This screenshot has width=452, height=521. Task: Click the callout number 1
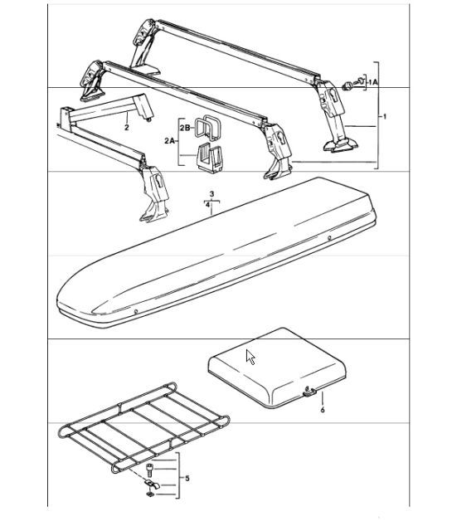pyautogui.click(x=385, y=116)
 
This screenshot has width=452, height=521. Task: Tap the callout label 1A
pyautogui.click(x=373, y=82)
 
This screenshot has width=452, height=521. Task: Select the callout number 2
pyautogui.click(x=127, y=127)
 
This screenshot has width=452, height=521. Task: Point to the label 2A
pyautogui.click(x=169, y=141)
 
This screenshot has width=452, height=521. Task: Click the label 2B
pyautogui.click(x=185, y=127)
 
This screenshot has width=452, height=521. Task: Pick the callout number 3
pyautogui.click(x=211, y=193)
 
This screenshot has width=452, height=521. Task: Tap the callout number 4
pyautogui.click(x=207, y=205)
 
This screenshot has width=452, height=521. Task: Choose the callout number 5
pyautogui.click(x=187, y=478)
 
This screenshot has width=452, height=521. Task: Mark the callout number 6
pyautogui.click(x=323, y=410)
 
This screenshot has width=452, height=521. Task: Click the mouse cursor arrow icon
pyautogui.click(x=250, y=358)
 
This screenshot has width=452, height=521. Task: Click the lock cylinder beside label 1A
pyautogui.click(x=347, y=85)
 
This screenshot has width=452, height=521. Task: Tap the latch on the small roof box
pyautogui.click(x=309, y=392)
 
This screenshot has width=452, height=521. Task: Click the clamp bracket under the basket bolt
pyautogui.click(x=152, y=484)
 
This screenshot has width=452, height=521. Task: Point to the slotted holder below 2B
pyautogui.click(x=211, y=158)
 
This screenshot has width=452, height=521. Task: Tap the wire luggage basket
pyautogui.click(x=143, y=428)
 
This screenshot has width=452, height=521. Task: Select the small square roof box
pyautogui.click(x=277, y=368)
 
